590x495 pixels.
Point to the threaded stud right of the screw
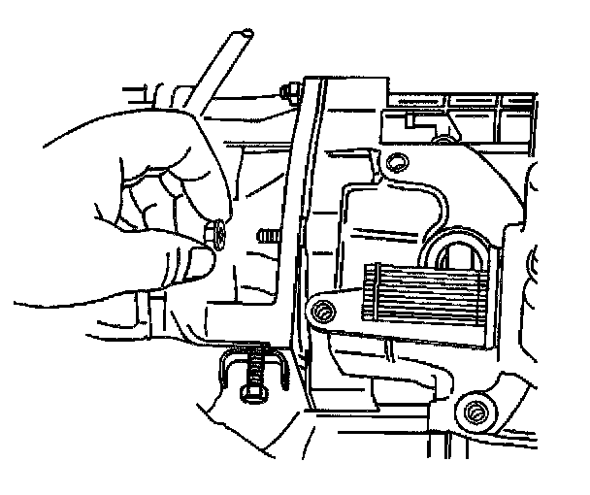266,236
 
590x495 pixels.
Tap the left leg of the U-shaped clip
224,369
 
